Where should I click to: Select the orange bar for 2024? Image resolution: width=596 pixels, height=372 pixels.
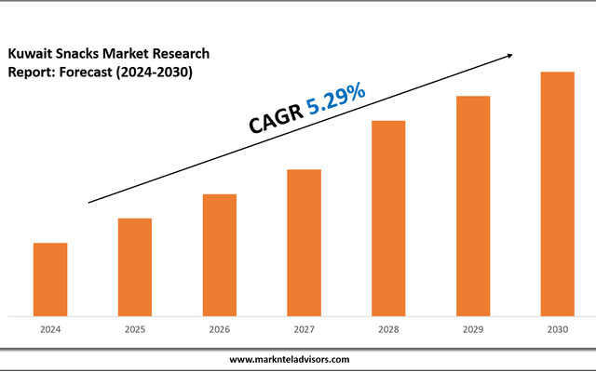point(50,279)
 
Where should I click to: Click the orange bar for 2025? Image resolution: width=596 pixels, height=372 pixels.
point(135,267)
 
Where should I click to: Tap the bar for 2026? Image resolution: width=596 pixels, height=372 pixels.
point(220,255)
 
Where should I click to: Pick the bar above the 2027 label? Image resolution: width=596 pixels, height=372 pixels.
point(304,242)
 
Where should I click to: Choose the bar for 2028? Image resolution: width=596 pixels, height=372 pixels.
point(388,218)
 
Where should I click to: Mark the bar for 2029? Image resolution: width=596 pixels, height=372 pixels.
point(473,206)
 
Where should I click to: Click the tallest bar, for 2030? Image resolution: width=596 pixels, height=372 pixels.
point(557,193)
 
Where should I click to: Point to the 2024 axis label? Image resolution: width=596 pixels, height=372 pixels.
point(50,329)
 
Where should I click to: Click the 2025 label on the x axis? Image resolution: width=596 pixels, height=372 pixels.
point(135,329)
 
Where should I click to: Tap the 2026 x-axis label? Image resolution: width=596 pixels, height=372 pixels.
point(220,329)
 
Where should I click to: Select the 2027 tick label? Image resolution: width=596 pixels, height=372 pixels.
point(304,329)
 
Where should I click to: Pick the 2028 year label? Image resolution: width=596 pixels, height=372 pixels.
point(388,329)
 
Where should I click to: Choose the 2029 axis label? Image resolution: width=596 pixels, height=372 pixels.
point(473,329)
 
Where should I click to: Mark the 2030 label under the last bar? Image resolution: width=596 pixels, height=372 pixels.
point(557,329)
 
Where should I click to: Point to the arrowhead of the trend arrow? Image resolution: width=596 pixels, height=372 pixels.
point(509,55)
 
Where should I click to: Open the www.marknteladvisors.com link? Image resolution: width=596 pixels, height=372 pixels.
point(290,359)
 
